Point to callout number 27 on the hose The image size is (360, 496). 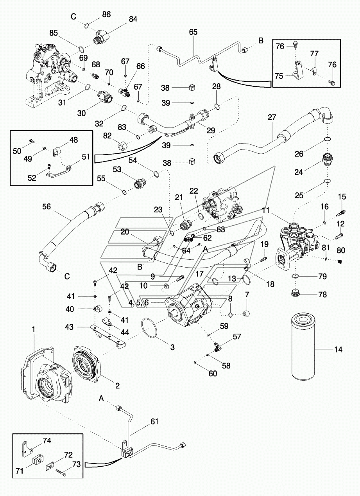272,118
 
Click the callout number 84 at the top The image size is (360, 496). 133,19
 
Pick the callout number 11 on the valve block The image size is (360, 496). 266,210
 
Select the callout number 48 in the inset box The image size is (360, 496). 74,140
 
